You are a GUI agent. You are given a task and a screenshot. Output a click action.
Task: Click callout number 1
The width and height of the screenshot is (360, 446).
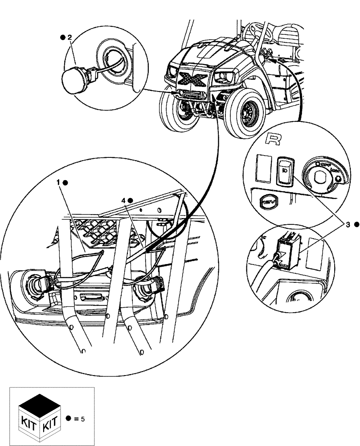58,182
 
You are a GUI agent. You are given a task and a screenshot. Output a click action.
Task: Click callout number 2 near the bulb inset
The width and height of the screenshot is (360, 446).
70,37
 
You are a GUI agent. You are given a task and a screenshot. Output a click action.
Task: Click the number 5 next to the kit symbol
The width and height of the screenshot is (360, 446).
83,418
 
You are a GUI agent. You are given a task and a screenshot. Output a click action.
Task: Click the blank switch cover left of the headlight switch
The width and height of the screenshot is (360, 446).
263,169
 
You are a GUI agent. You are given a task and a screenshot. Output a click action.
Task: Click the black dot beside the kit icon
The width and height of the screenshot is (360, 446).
68,418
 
